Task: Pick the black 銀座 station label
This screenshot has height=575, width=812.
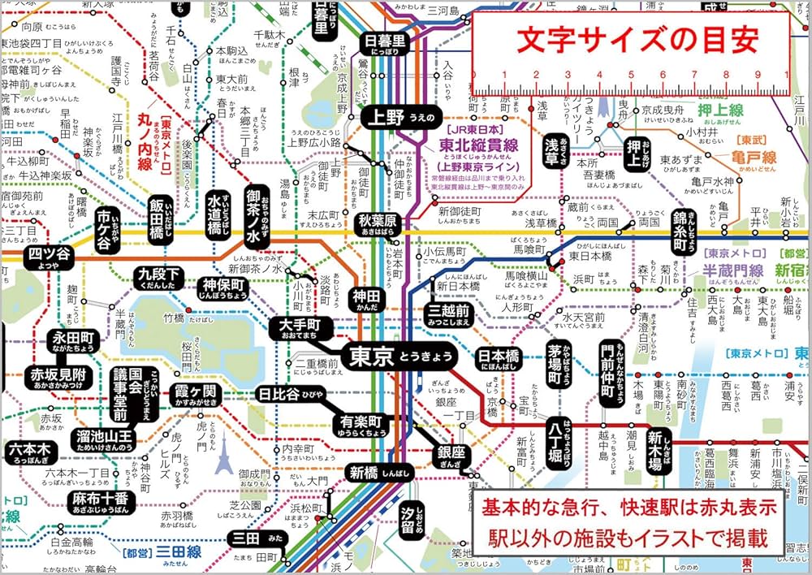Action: [451, 455]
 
